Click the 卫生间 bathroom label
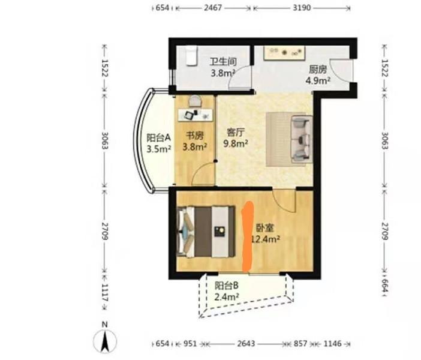pos(223,62)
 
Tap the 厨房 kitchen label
pos(318,70)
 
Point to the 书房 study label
pos(195,136)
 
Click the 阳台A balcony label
pos(159,138)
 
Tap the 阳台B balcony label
pos(226,286)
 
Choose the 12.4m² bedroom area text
pos(266,239)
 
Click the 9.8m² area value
pos(236,144)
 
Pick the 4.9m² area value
pos(318,80)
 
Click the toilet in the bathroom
pos(191,56)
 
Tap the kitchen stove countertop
pos(284,53)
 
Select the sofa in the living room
pos(302,139)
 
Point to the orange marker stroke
pos(248,236)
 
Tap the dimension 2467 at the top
pos(213,8)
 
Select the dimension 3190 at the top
pos(302,8)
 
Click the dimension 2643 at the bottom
pos(246,344)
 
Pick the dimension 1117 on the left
pos(105,296)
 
